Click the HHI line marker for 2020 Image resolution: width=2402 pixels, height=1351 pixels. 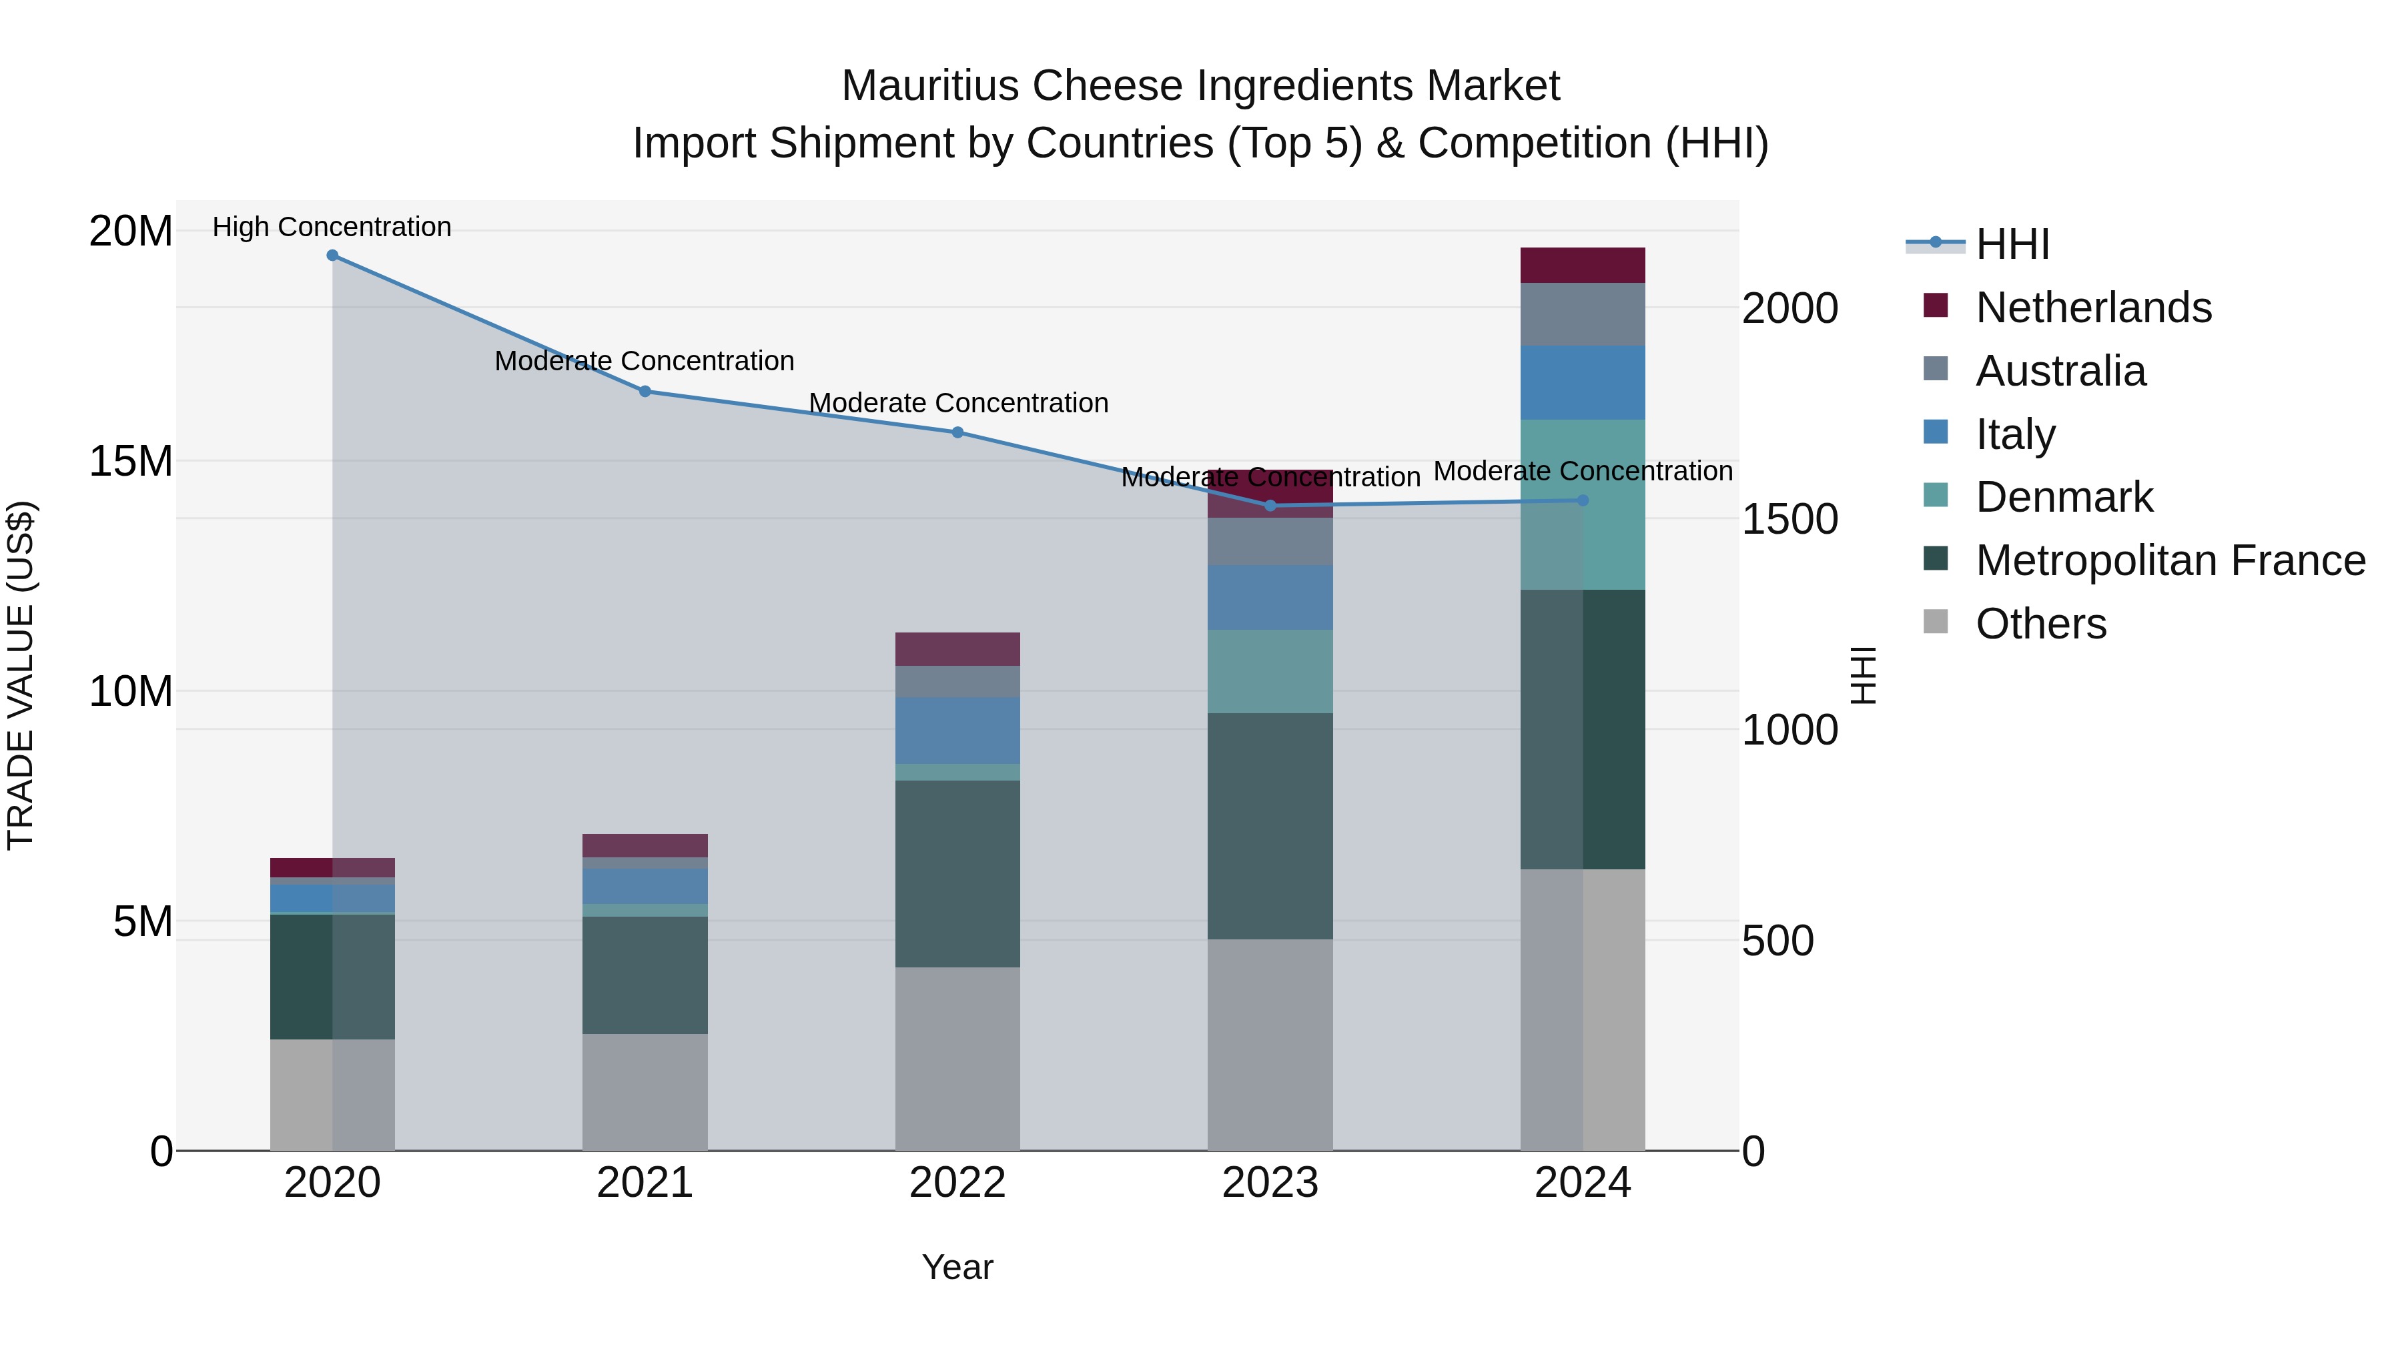click(332, 256)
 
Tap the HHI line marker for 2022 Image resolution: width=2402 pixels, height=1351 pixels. click(957, 432)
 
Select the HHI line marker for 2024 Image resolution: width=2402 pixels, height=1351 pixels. click(1583, 500)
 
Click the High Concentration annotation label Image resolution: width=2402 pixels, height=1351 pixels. click(332, 228)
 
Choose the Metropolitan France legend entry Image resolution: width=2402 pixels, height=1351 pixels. click(2170, 560)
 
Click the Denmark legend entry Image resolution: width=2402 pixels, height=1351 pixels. click(2064, 497)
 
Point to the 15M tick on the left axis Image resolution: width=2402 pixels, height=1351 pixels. click(131, 460)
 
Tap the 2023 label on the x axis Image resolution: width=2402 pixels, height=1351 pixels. click(1270, 1183)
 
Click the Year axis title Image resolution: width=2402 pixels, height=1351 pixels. click(957, 1267)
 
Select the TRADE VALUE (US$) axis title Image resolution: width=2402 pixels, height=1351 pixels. click(21, 675)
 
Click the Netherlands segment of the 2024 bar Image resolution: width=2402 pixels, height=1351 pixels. click(1583, 266)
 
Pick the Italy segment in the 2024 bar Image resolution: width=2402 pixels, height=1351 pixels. click(1583, 383)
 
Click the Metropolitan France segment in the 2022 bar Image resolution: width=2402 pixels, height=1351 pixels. click(957, 873)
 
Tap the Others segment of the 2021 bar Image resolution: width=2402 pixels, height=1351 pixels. click(645, 1091)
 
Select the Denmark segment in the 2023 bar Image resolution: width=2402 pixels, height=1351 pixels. click(1270, 671)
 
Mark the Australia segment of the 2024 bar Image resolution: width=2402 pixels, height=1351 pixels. click(1583, 314)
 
